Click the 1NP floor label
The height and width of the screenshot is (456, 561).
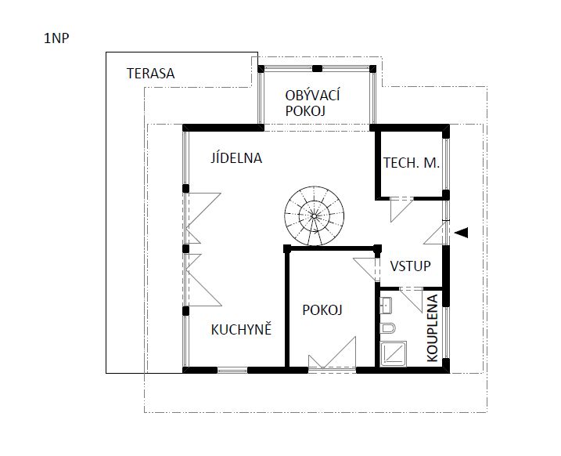tap(56, 38)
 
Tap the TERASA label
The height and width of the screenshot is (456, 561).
tap(151, 74)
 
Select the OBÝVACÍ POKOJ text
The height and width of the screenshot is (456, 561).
tap(312, 103)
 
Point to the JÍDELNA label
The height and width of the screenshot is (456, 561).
tap(236, 158)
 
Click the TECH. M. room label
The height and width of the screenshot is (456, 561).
tap(412, 163)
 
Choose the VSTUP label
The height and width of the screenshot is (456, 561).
tap(410, 266)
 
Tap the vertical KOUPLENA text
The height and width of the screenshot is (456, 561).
tap(432, 328)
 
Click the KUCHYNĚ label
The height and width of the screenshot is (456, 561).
tap(241, 330)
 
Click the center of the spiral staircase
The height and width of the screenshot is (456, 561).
tap(314, 216)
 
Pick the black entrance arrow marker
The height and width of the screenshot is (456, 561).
tap(462, 233)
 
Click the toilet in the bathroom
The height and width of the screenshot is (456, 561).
tap(387, 328)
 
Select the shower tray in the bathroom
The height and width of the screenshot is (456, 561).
tap(394, 354)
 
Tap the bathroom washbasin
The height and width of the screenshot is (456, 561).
tap(386, 306)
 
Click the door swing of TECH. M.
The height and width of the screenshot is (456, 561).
tap(402, 209)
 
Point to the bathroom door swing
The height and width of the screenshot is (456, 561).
tap(412, 299)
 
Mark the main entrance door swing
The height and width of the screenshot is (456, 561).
tap(436, 233)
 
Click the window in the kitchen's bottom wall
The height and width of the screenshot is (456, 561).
tap(232, 370)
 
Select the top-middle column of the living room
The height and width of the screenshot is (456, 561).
tap(317, 68)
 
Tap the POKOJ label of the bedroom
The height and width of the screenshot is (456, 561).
tap(322, 309)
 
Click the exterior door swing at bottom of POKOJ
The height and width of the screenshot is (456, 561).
tap(333, 353)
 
